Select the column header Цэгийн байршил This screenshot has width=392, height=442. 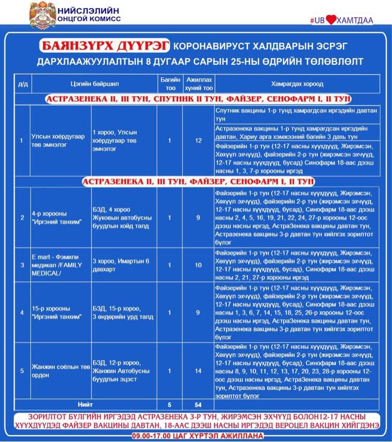[x=90, y=84]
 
